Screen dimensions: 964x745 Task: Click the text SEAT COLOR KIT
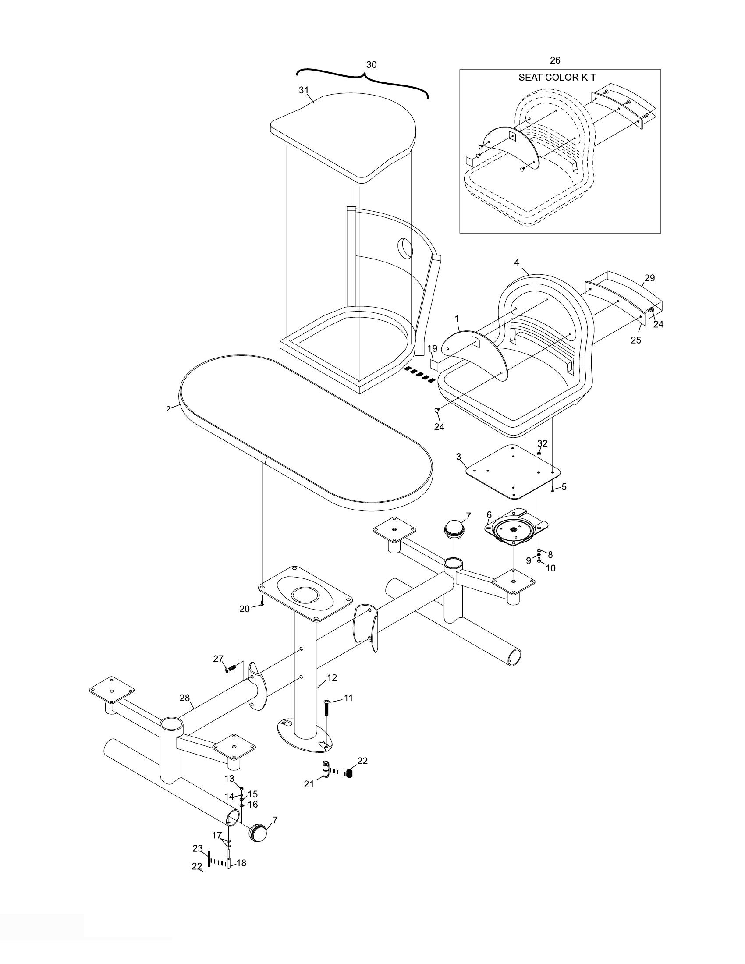(557, 78)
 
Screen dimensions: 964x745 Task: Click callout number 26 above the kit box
(555, 60)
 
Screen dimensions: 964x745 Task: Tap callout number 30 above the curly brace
(372, 65)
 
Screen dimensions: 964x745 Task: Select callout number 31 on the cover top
(303, 90)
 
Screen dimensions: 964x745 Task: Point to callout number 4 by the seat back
(517, 262)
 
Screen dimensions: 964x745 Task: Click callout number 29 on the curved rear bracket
(649, 278)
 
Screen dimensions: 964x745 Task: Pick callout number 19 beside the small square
(432, 349)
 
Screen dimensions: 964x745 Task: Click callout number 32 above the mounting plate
(542, 443)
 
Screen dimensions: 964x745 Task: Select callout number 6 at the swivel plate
(489, 515)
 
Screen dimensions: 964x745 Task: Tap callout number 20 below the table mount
(245, 609)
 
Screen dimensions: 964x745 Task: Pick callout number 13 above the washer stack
(230, 779)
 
